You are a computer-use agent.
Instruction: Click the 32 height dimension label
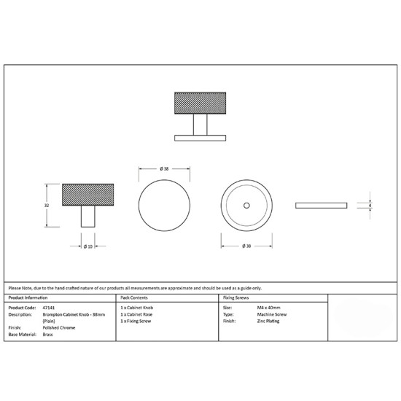click(47, 206)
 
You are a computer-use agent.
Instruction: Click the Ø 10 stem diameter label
click(88, 246)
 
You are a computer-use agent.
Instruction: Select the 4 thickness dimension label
click(370, 206)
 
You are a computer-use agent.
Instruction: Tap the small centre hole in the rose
click(246, 206)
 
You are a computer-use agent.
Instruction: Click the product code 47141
click(49, 308)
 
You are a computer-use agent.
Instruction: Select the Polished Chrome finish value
click(59, 327)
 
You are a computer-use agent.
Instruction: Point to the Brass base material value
click(48, 334)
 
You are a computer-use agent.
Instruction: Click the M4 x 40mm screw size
click(268, 308)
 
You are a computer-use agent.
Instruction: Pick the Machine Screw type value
click(272, 314)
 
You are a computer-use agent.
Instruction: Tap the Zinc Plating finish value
click(268, 321)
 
